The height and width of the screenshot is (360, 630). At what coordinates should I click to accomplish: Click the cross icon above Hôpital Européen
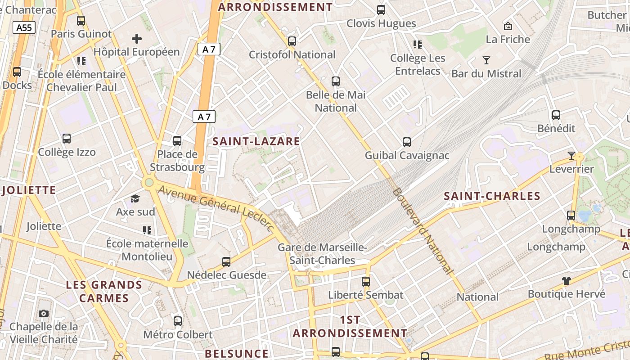[137, 39]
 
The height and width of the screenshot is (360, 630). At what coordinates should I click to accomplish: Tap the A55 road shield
[24, 27]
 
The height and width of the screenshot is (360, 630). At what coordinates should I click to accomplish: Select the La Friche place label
[508, 39]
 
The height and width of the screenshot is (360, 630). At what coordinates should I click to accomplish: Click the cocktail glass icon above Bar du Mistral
[486, 60]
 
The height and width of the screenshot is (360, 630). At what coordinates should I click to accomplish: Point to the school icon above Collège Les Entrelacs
[418, 45]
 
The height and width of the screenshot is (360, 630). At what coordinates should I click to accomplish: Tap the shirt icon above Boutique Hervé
[566, 281]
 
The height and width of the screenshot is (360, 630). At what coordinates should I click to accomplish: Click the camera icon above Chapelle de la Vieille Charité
[44, 313]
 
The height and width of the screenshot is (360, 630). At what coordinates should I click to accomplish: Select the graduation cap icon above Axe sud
[135, 198]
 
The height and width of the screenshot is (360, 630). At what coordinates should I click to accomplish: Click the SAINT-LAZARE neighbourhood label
[256, 141]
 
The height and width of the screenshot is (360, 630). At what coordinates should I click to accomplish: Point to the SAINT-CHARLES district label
[492, 196]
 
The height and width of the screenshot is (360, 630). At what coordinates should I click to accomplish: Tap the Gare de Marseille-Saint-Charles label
[322, 254]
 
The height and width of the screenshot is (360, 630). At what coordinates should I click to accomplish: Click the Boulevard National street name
[422, 230]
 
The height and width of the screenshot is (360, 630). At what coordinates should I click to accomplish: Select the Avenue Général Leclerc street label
[216, 208]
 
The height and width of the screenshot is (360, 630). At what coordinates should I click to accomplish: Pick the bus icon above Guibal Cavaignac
[407, 142]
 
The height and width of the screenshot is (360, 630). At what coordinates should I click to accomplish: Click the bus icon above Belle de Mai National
[336, 81]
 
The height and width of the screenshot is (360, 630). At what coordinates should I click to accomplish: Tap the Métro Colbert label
[178, 335]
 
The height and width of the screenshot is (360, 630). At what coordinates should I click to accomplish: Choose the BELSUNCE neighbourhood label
[237, 354]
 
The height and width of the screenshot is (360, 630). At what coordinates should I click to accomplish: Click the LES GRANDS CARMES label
[104, 292]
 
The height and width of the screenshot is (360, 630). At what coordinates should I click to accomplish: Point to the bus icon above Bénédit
[556, 115]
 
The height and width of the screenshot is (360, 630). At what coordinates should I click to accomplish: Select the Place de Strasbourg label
[177, 161]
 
